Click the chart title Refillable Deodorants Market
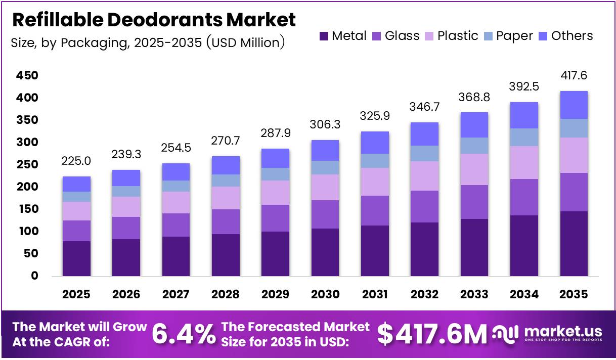point(153,20)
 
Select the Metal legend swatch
point(324,36)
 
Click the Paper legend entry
point(508,36)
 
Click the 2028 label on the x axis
point(226,294)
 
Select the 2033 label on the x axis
point(474,294)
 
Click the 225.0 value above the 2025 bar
point(77,161)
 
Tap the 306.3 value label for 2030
point(325,125)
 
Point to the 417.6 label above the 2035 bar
point(574,75)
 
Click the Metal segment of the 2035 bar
point(574,243)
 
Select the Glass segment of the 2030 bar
point(325,214)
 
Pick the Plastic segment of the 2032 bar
point(424,176)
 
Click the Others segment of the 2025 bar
point(77,184)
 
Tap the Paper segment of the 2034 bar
point(524,137)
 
